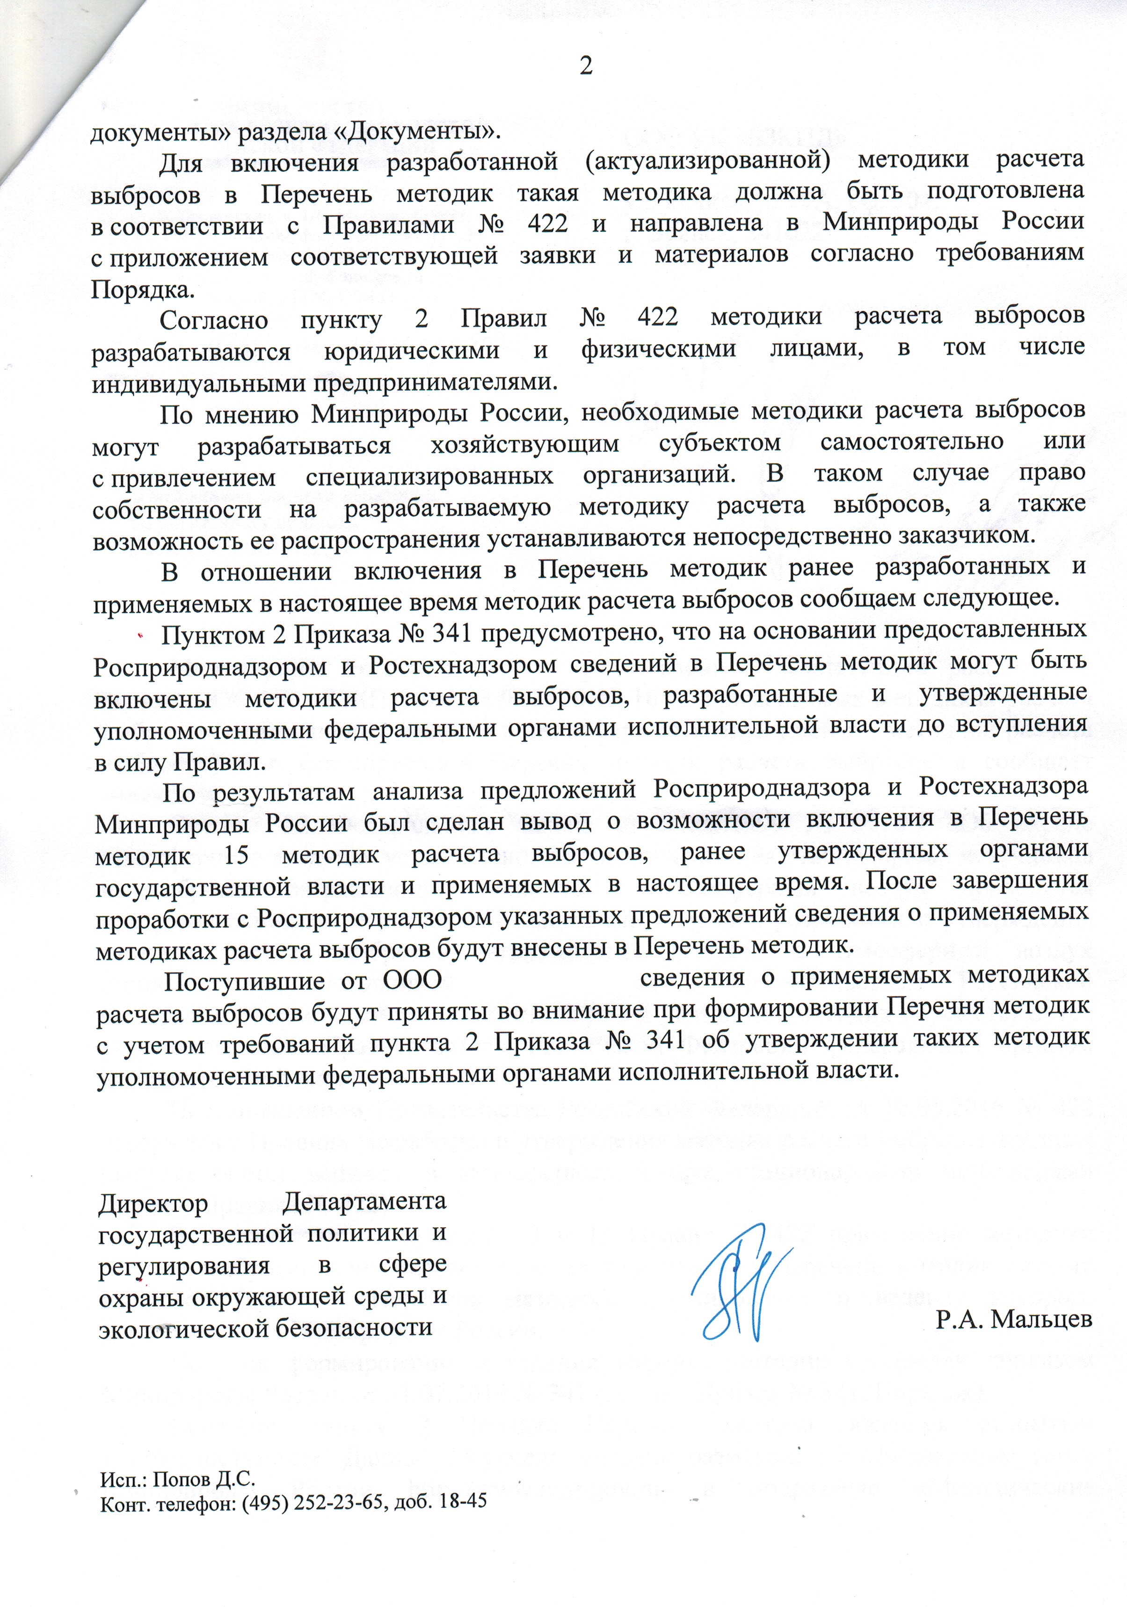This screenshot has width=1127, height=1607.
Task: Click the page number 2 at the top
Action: tap(585, 66)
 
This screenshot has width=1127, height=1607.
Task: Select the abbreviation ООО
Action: tap(412, 979)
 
